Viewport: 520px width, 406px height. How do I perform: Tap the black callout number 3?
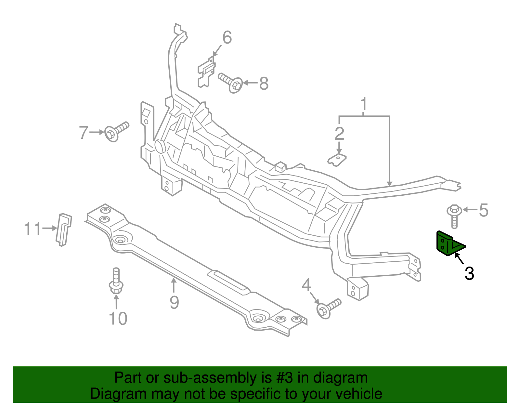469,273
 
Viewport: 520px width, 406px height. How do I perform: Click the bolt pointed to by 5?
454,216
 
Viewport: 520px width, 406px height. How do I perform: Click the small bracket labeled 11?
64,230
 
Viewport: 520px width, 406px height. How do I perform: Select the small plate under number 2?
337,160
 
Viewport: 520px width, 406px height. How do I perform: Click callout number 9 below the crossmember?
174,302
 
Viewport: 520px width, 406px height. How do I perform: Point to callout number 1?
363,104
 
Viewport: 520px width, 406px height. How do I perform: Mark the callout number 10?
118,318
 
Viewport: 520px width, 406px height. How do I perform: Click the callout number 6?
227,37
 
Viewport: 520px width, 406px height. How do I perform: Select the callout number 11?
33,229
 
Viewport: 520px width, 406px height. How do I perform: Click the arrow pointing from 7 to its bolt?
97,132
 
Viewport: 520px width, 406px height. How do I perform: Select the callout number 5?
483,210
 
